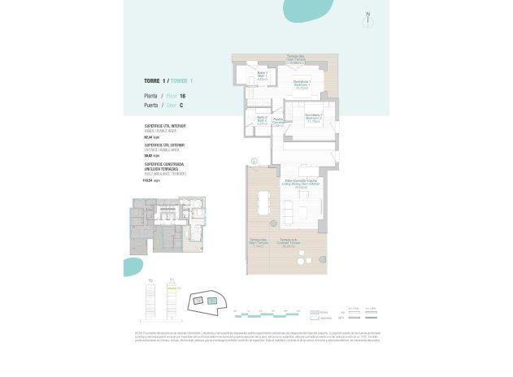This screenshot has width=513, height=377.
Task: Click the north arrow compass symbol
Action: pos(369,17)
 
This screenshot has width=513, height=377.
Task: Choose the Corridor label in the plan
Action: pos(278,123)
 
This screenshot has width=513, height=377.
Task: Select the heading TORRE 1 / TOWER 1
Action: pos(168,80)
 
